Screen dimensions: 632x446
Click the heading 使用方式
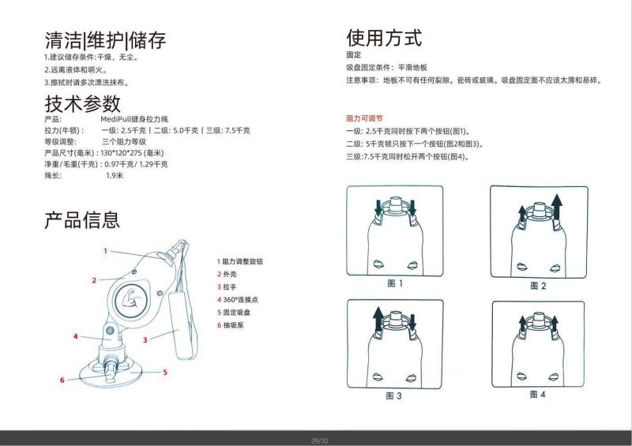point(384,38)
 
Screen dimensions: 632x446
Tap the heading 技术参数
point(82,103)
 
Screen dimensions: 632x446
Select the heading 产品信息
point(82,219)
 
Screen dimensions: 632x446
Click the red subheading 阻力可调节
point(364,118)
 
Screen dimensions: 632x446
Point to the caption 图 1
point(395,283)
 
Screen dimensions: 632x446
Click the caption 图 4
point(538,395)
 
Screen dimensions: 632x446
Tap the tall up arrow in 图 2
point(557,207)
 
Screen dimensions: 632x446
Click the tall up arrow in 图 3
point(378,320)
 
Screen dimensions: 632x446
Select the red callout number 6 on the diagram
point(62,380)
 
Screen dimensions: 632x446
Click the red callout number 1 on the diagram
point(106,251)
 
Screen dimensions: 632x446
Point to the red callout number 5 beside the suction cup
point(165,373)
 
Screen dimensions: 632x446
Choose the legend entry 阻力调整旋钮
point(240,261)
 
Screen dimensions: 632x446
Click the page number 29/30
point(320,440)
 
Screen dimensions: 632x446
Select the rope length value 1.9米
point(115,175)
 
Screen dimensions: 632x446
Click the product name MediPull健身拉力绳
point(134,119)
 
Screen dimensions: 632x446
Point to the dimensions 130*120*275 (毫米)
point(132,152)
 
